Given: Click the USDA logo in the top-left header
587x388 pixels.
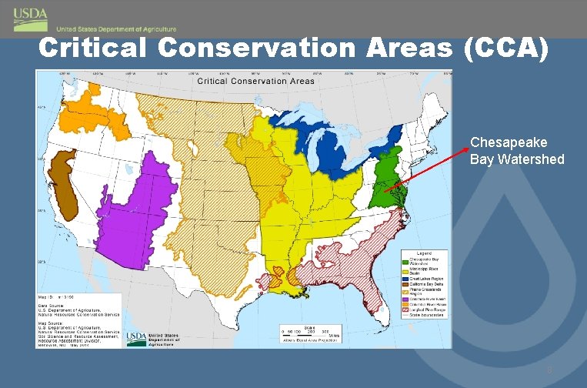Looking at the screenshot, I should click(29, 16).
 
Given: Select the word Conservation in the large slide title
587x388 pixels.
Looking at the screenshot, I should click(258, 48).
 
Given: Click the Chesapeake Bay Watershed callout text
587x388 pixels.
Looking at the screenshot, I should click(517, 151).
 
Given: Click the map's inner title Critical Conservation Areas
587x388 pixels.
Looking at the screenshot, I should click(256, 81).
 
